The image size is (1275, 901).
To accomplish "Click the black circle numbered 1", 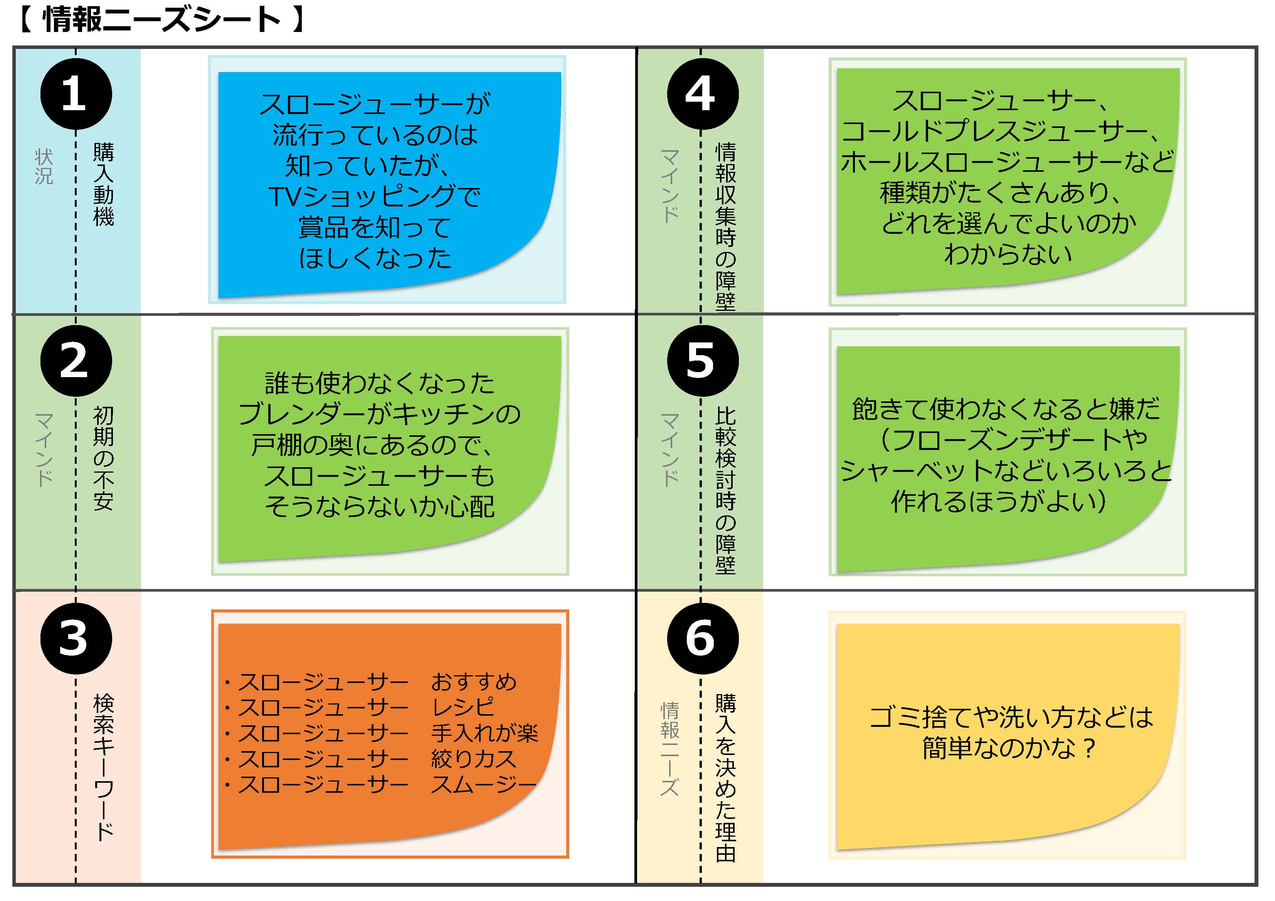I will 76,94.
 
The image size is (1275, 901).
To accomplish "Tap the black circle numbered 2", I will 76,361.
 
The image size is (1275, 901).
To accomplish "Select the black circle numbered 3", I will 76,638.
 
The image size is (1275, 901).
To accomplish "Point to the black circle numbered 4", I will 703,94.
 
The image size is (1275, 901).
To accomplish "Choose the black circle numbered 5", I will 703,361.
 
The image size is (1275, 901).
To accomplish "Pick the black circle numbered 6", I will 703,638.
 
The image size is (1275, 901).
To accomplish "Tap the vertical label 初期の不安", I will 104,458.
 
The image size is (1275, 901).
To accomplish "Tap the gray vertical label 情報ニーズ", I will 670,750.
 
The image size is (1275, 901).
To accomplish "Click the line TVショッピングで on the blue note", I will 375,196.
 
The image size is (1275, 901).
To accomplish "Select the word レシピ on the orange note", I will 463,707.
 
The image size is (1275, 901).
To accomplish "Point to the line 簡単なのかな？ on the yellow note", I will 1009,748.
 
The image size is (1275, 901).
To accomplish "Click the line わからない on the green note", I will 1008,254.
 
